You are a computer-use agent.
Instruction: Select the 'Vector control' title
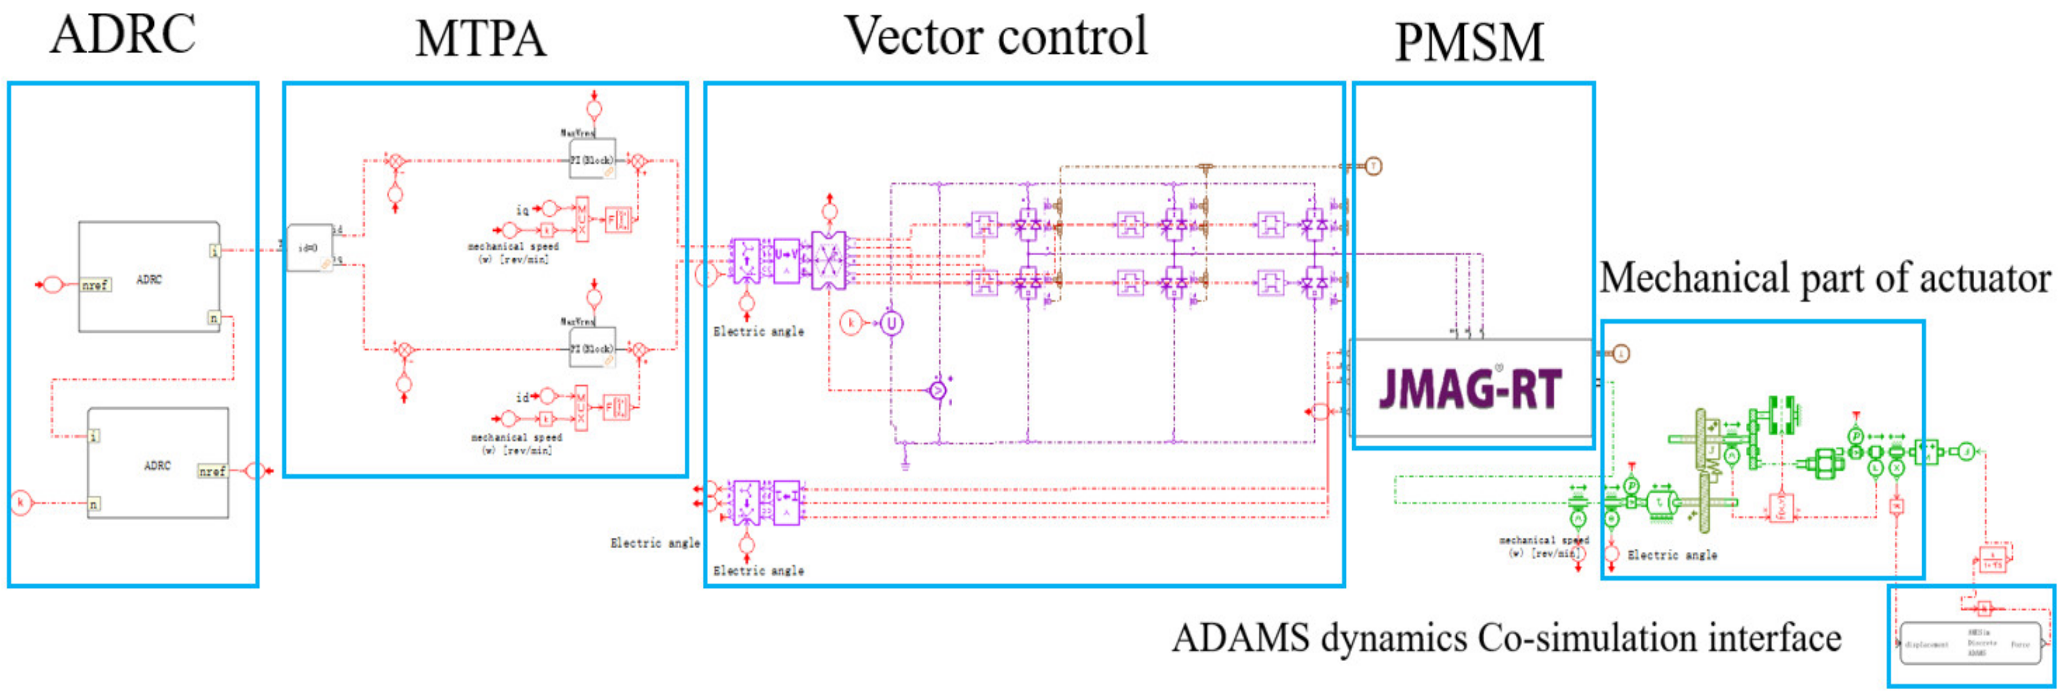coord(996,36)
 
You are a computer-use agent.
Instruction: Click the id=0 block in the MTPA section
coord(310,247)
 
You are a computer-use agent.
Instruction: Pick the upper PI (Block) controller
coord(592,160)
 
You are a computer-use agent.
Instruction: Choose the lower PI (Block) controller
coord(592,348)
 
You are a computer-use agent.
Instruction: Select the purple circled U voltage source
coord(891,324)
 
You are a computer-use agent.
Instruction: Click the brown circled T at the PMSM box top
coord(1373,167)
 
